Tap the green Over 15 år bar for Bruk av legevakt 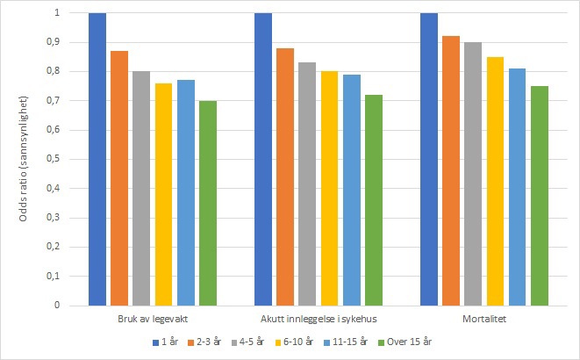point(208,203)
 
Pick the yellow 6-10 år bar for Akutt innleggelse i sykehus point(329,188)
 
